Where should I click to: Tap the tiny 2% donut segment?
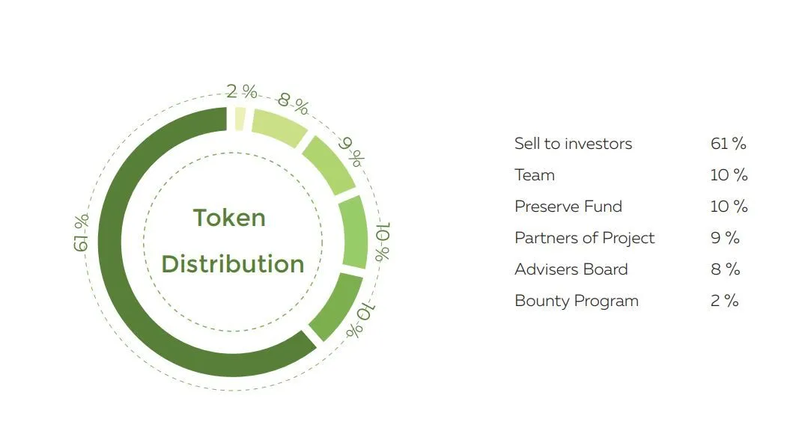coord(240,119)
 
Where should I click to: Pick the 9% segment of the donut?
coord(329,165)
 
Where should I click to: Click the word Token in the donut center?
coord(229,218)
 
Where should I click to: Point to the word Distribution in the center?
coord(233,264)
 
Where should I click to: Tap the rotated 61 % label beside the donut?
coord(81,233)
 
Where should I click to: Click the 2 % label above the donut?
coord(242,91)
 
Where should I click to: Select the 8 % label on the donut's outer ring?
coord(294,103)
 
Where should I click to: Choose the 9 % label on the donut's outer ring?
coord(352,151)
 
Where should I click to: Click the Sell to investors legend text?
coord(573,144)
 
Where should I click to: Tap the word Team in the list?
coord(534,175)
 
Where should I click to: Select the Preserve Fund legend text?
coord(568,207)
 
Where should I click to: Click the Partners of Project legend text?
coord(584,238)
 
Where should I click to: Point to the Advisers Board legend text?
coord(571,269)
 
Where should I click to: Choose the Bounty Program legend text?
coord(577,301)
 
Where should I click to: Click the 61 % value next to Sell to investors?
coord(728,144)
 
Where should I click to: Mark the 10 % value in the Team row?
coord(729,175)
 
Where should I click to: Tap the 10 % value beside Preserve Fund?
coord(729,207)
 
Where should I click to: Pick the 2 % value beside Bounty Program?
coord(725,301)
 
